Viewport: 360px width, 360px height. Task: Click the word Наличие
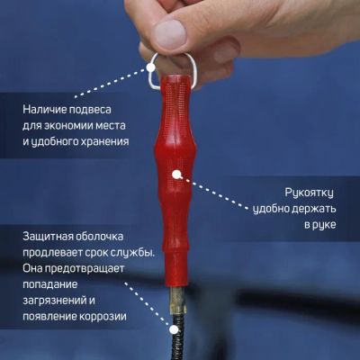point(44,109)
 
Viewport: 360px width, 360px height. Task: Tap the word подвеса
point(90,110)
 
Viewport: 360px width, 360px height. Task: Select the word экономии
point(68,125)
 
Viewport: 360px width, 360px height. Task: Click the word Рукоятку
point(309,193)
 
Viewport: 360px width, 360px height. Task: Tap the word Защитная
point(48,237)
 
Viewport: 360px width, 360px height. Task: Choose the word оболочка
point(100,237)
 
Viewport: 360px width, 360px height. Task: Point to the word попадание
point(50,284)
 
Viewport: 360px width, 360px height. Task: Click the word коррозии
point(103,317)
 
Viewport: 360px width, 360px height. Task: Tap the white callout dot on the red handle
point(176,175)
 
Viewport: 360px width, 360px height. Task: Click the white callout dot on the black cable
point(173,330)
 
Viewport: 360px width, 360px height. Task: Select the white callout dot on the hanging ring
point(150,67)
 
